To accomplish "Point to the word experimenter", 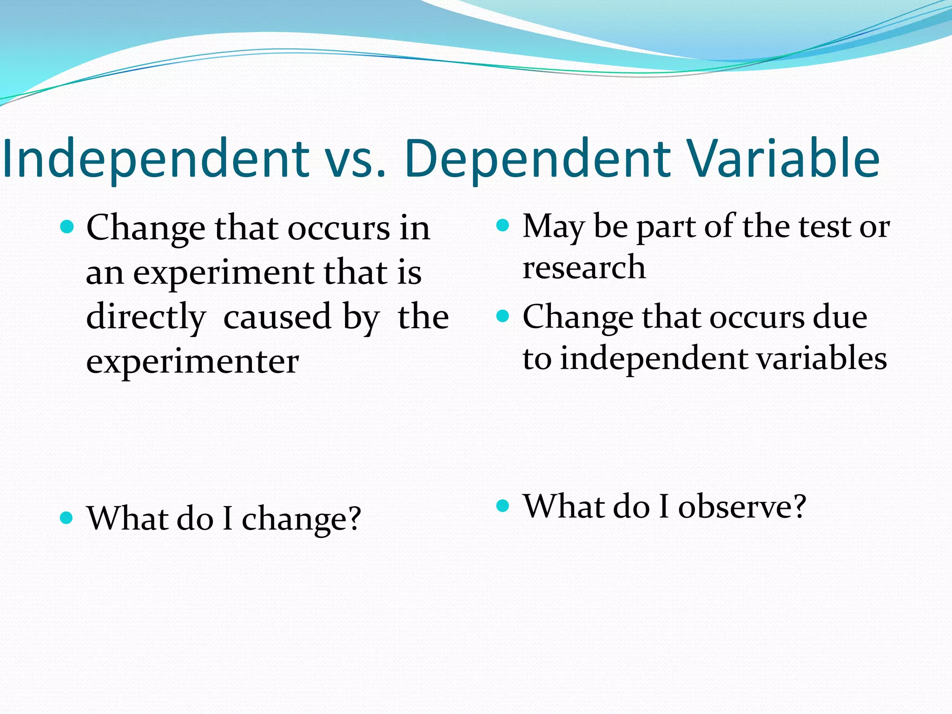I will pos(192,361).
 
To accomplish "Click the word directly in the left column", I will pos(146,317).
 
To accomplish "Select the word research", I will pos(584,268).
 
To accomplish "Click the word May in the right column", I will pos(553,227).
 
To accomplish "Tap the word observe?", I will pos(742,506).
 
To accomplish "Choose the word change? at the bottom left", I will pos(301,519).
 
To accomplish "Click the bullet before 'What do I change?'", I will pos(67,517).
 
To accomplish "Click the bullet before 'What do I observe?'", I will pos(503,505).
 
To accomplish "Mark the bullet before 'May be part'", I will pos(503,226).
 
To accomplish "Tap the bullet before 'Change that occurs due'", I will pos(503,317).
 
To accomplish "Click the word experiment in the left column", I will pos(223,273).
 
